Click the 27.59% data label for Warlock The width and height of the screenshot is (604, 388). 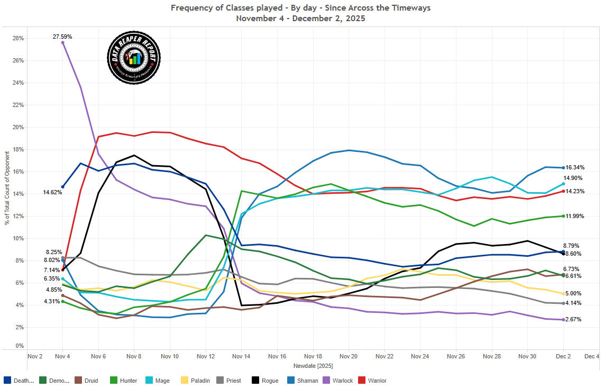62,37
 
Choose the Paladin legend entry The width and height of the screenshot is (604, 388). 199,380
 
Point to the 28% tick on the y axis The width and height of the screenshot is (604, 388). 18,39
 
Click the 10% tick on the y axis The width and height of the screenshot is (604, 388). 18,239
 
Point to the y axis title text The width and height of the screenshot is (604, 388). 8,187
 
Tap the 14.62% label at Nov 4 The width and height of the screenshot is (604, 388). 53,193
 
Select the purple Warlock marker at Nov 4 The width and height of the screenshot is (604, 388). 63,43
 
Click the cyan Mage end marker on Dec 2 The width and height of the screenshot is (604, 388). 563,184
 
